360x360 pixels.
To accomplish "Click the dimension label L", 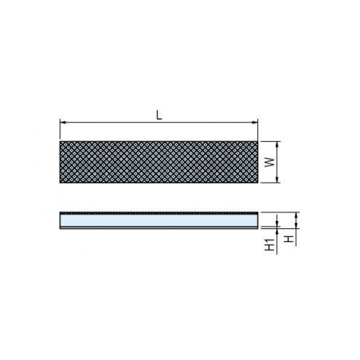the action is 159,115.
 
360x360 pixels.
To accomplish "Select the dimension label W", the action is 270,163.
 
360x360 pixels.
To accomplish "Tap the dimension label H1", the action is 270,244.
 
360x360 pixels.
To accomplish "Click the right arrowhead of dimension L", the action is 255,122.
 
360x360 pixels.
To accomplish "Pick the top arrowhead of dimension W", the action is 277,145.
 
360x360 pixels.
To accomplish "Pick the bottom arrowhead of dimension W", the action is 277,179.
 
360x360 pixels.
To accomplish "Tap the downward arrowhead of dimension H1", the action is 277,223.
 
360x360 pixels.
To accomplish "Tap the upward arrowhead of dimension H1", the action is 277,231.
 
